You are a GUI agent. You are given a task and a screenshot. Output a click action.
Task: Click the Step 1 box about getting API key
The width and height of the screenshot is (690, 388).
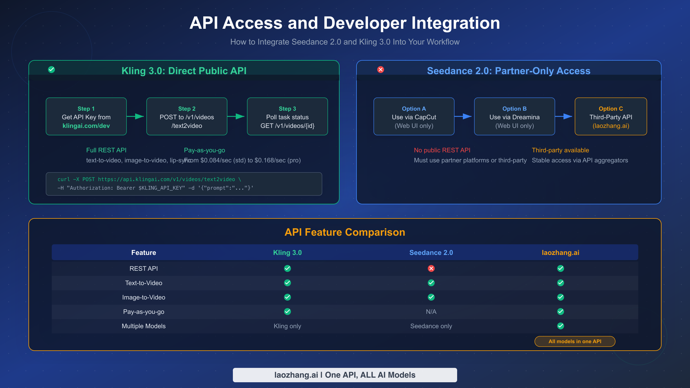(86, 116)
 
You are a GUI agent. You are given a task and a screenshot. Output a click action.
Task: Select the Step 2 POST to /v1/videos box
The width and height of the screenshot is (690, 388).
(187, 116)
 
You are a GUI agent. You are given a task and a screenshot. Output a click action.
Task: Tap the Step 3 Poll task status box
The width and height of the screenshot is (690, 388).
(287, 116)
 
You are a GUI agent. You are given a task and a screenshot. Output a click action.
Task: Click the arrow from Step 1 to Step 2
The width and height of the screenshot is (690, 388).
(136, 116)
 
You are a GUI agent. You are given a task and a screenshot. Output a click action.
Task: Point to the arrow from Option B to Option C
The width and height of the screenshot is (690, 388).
(564, 116)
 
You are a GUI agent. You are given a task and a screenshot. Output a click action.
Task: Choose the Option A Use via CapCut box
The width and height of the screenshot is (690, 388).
(414, 116)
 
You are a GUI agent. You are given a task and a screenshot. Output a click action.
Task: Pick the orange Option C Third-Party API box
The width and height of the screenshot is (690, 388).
(611, 116)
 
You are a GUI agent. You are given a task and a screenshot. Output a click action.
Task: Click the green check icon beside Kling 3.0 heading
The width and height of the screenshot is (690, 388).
(51, 70)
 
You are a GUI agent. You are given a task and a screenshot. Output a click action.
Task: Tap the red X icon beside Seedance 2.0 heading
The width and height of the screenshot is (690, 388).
(381, 70)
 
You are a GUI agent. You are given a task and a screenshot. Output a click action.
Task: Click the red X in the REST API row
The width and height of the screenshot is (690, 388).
(431, 268)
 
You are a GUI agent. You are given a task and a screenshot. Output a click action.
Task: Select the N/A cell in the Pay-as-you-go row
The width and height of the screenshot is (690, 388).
(431, 312)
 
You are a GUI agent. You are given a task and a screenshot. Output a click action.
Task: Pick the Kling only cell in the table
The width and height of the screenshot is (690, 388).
(287, 326)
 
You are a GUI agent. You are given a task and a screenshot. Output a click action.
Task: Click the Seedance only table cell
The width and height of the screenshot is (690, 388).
(431, 326)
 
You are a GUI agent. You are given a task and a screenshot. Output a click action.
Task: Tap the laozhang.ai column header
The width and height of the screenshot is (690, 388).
(560, 253)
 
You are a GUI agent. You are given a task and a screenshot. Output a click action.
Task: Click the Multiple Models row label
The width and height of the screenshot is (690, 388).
(143, 326)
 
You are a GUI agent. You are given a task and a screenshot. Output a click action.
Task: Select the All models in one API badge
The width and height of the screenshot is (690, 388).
(575, 341)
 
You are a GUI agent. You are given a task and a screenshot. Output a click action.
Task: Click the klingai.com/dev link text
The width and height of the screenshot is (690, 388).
(86, 126)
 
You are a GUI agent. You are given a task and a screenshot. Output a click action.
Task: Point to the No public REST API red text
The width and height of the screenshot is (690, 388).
(442, 150)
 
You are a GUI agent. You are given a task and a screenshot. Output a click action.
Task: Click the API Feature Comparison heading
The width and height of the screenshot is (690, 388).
(345, 232)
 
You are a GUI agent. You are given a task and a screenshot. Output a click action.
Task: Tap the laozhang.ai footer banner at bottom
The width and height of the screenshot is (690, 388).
(345, 375)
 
